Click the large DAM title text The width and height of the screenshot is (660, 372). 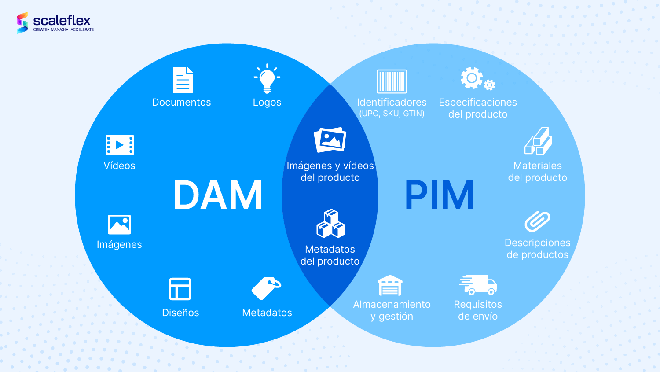[x=218, y=195]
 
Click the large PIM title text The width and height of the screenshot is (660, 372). [x=439, y=195]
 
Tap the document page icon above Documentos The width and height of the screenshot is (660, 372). [x=183, y=80]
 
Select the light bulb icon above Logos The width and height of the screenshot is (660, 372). [x=267, y=79]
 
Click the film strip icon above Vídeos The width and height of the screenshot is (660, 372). [x=120, y=145]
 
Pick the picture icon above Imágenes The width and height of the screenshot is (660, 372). [x=119, y=225]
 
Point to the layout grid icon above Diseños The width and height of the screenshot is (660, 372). [x=180, y=289]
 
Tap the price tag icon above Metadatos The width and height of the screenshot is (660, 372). [x=266, y=288]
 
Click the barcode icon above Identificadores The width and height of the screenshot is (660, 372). [x=392, y=81]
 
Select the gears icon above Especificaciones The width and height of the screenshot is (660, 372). [x=478, y=78]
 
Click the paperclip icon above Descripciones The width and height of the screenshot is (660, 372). [x=537, y=221]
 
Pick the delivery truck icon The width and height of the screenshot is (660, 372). [x=478, y=285]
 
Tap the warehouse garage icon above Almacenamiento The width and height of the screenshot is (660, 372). [x=390, y=285]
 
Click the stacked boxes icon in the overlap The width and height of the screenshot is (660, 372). [x=331, y=224]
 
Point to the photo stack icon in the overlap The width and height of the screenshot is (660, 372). [x=330, y=140]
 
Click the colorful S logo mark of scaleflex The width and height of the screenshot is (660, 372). [x=22, y=23]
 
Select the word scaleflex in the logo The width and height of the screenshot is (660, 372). [x=62, y=21]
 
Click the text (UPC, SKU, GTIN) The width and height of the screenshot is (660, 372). [x=392, y=114]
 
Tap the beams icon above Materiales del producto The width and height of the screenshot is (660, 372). [x=538, y=141]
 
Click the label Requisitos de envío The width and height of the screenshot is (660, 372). [x=477, y=310]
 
